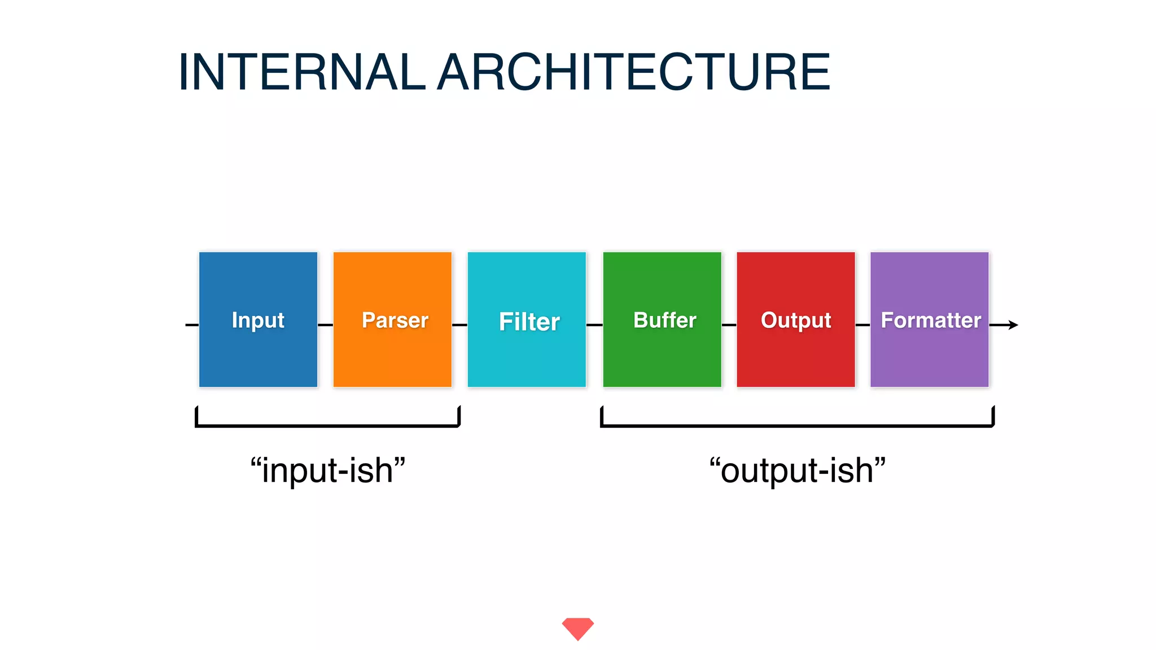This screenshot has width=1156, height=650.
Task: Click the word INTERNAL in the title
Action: coord(301,72)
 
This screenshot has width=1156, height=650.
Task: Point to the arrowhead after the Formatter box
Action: coord(1014,325)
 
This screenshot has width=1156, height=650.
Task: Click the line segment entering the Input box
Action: coord(192,325)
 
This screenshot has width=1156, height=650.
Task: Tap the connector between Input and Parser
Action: coord(325,325)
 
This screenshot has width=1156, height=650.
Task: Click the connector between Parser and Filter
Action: coord(459,325)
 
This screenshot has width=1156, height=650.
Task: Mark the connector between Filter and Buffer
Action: coord(594,325)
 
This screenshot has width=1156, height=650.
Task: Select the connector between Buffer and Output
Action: coord(729,325)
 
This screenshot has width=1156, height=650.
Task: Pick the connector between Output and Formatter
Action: coord(862,325)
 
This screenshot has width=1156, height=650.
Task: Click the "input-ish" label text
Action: coord(328,471)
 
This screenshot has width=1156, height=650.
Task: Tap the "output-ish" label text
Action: coord(797,471)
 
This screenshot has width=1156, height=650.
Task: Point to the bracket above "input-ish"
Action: coord(327,425)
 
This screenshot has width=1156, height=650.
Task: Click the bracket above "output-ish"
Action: coord(797,425)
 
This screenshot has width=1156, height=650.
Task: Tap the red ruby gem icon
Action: coord(577,628)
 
